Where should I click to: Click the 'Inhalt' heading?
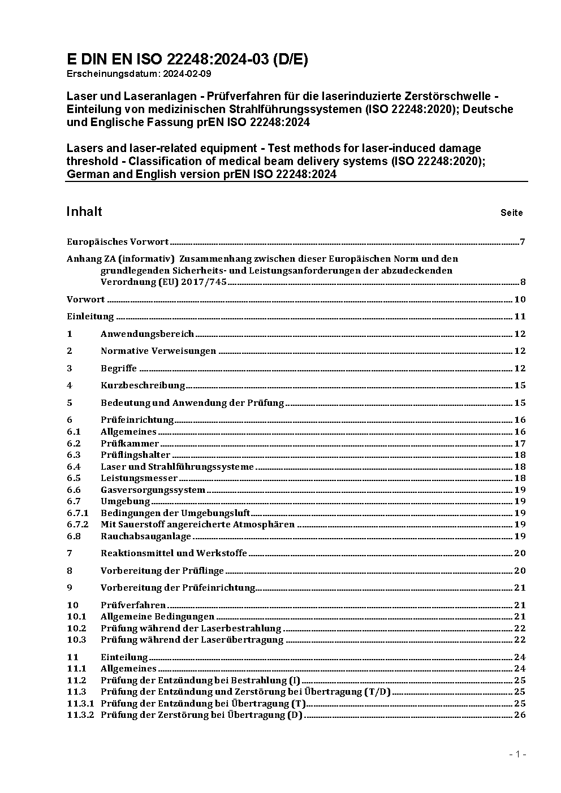pos(84,211)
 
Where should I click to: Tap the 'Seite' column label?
pos(511,213)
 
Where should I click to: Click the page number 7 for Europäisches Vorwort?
pos(523,242)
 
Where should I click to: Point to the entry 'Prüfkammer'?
pos(130,444)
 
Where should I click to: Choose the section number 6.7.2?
pos(77,525)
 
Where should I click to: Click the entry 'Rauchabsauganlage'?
pos(146,536)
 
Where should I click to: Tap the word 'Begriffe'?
pos(119,369)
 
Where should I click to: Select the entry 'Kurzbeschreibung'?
pos(143,385)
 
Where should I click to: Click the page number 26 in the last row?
pos(520,715)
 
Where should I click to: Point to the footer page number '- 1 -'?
pos(518,754)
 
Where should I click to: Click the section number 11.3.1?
pos(80,704)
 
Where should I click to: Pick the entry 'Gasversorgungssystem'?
pos(153,490)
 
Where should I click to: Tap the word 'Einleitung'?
pos(90,317)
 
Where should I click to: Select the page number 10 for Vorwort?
pos(520,300)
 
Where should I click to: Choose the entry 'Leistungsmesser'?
pos(139,478)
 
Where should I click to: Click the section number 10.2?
pos(76,629)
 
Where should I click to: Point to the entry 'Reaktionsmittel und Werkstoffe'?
pos(174,553)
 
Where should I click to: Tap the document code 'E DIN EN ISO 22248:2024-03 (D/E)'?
pos(187,59)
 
